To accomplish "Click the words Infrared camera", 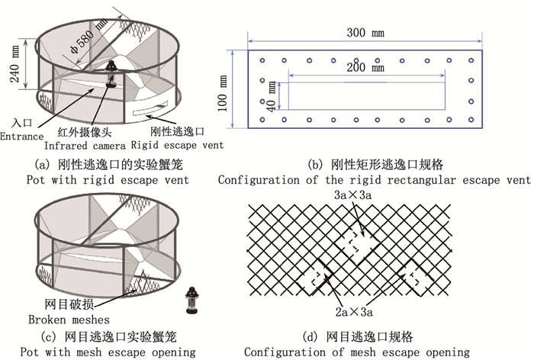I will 85,145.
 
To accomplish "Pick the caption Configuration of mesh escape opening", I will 356,352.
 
